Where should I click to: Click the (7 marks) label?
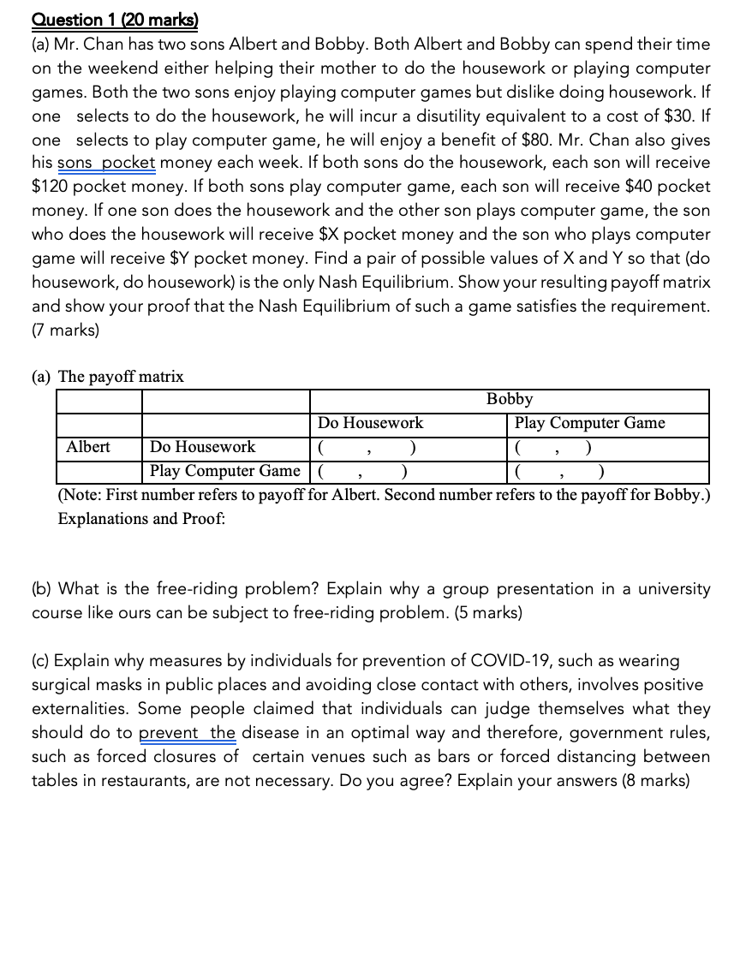coord(65,330)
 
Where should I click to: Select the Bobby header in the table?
coord(510,400)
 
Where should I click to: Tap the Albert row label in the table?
coord(88,447)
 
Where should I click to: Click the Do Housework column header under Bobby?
coord(370,423)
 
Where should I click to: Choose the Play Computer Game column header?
coord(589,423)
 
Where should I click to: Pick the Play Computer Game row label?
coord(225,471)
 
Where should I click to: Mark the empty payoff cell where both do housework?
coord(367,448)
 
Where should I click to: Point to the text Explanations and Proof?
coord(141,519)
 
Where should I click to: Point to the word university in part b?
coord(671,589)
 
